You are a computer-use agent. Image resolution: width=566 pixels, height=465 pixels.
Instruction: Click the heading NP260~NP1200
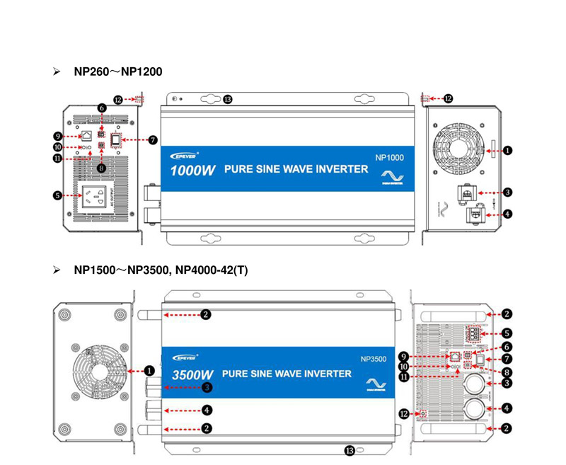(117, 71)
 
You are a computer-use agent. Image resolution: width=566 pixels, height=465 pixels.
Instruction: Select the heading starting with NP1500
(161, 270)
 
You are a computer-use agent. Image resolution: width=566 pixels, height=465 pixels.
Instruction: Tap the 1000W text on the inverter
(192, 171)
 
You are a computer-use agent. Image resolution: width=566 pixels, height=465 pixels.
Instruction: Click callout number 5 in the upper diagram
(58, 195)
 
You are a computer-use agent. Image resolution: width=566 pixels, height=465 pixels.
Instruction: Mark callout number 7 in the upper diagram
(152, 139)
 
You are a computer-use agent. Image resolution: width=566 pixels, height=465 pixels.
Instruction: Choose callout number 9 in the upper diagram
(58, 135)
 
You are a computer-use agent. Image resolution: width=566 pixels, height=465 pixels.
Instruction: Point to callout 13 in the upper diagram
(228, 99)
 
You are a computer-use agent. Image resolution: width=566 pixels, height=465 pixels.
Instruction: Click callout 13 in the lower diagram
(349, 450)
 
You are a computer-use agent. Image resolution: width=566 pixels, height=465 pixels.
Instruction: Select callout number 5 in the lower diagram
(508, 333)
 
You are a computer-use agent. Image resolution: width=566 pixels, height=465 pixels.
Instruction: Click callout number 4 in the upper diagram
(508, 213)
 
